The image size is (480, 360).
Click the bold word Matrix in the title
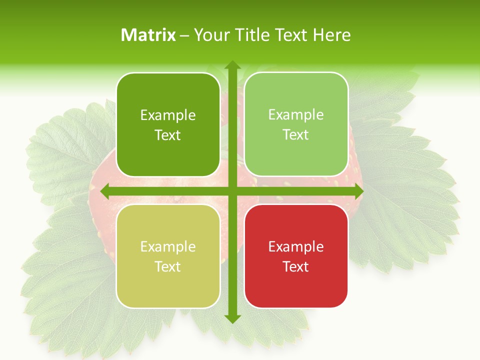(x=148, y=35)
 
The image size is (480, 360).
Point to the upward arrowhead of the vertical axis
(x=232, y=65)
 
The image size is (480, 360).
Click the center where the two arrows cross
(x=232, y=191)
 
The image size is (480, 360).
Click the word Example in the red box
(x=296, y=246)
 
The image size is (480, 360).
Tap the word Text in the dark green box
(x=167, y=135)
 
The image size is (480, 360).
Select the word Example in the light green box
(x=296, y=114)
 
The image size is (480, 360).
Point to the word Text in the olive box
(x=167, y=266)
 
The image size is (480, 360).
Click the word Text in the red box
(x=295, y=266)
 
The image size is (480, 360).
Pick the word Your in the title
(x=209, y=35)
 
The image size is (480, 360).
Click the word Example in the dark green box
(x=168, y=115)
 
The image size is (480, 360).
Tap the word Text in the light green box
(x=295, y=134)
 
